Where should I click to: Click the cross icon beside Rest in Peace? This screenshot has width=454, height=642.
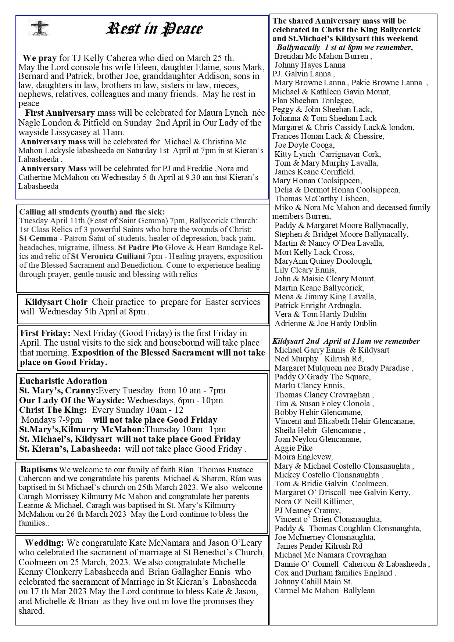point(39,28)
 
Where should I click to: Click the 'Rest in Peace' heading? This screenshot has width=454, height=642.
point(154,29)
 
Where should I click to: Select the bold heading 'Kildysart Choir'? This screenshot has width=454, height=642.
point(56,302)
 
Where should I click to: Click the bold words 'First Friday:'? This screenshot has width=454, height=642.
point(45,333)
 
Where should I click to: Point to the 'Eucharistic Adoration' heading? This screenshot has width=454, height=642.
point(63,381)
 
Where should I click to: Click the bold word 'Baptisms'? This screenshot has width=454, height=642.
point(39,469)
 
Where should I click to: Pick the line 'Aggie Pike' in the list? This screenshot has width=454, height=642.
point(293,448)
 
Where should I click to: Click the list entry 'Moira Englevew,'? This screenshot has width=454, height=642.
point(304,457)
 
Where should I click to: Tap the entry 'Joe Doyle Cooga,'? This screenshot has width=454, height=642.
point(304,145)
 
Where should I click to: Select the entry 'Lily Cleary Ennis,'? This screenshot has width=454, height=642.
point(305,270)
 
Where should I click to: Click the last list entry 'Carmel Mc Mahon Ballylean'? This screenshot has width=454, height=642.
point(325,591)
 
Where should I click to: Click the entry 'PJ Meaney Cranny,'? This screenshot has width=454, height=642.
point(307,511)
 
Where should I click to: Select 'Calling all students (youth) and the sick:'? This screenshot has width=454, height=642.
point(92,212)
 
